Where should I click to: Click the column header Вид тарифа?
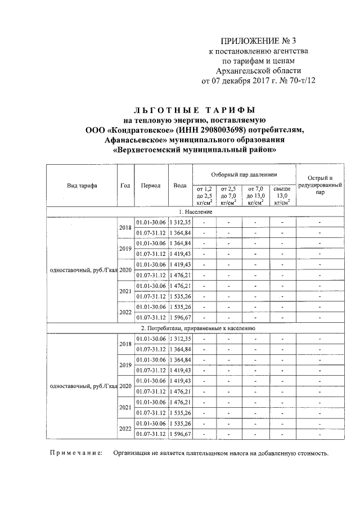click(x=82, y=186)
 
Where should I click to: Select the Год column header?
click(x=125, y=186)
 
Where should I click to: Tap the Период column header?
click(x=151, y=186)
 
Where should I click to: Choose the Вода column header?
click(x=180, y=186)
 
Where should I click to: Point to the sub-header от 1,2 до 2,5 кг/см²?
click(x=204, y=195)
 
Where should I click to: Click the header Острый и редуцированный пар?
click(x=320, y=185)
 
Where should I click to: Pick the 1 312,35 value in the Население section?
click(x=180, y=222)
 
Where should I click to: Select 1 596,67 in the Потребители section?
click(x=180, y=434)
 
